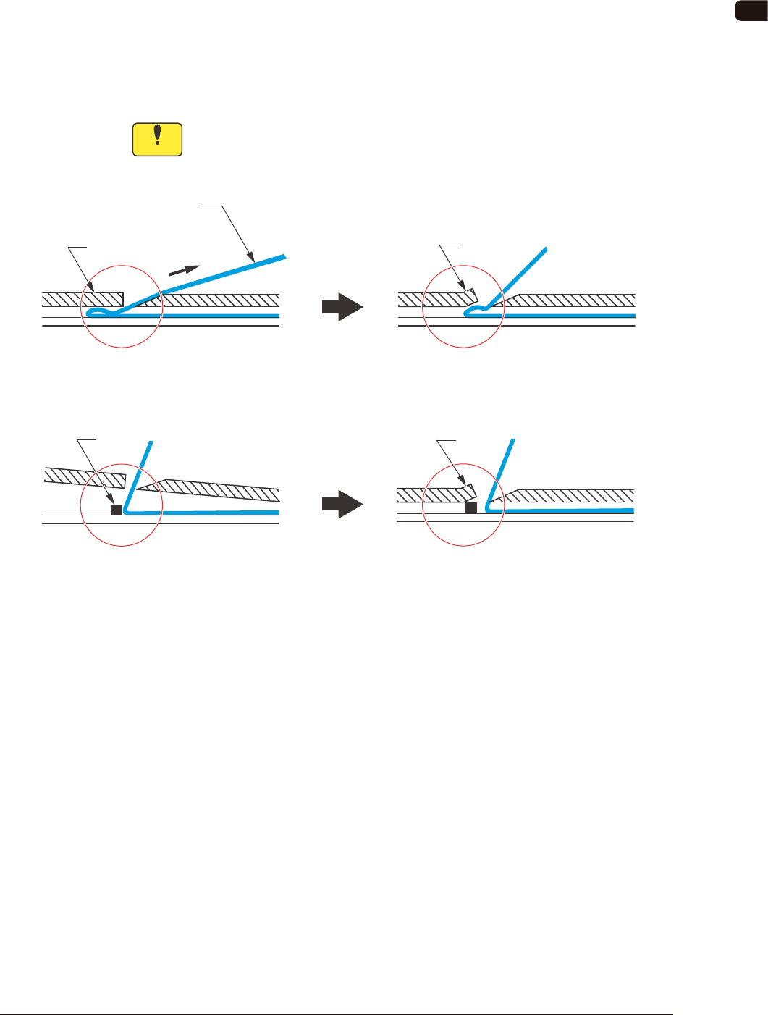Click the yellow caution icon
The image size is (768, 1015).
[157, 140]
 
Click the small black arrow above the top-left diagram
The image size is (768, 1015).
[184, 270]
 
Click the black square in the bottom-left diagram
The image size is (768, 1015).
[116, 510]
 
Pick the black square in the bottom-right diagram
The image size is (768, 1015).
[471, 508]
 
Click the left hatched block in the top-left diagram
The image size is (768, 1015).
[82, 299]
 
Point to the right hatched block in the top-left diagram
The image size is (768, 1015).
[217, 300]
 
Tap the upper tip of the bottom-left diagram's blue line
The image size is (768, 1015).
[151, 442]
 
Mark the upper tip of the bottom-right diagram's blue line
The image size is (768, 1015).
[512, 441]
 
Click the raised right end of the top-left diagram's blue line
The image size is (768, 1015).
[283, 256]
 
